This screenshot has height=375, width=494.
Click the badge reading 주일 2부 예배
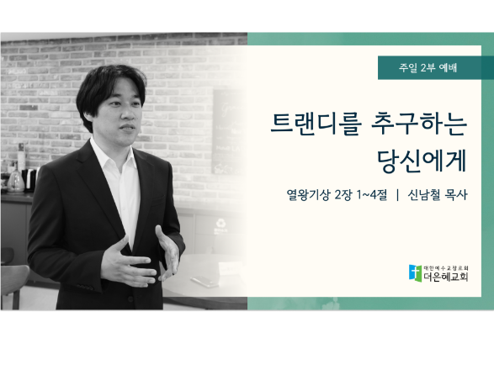tap(436, 68)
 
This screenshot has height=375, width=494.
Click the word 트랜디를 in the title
tap(316, 124)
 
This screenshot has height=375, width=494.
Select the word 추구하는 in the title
tap(419, 124)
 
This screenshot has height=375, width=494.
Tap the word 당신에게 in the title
tap(422, 161)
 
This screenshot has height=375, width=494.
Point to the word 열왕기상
tap(308, 195)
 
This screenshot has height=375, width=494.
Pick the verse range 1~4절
tap(371, 195)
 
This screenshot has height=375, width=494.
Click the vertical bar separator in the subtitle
tap(397, 195)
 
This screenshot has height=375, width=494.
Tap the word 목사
tap(455, 195)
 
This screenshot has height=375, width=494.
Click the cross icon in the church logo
tap(415, 273)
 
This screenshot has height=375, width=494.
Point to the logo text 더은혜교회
tap(445, 277)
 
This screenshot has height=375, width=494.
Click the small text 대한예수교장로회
tap(446, 268)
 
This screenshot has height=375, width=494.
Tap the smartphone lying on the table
tap(205, 281)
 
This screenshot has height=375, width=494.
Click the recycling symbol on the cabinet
tap(220, 224)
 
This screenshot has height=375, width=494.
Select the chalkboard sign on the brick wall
tap(229, 131)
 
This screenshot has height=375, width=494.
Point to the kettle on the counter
tap(16, 181)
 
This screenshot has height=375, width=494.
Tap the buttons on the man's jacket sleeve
tap(84, 287)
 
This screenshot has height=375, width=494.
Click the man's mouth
tap(128, 128)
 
